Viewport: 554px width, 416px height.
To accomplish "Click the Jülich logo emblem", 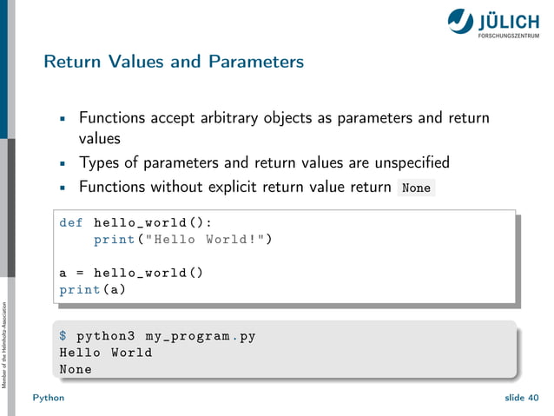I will tap(460, 20).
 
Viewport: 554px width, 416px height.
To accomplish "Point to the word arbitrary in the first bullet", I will tap(241, 117).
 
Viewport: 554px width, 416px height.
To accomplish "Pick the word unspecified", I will tap(406, 162).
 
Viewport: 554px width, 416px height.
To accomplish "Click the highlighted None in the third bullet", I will tap(416, 188).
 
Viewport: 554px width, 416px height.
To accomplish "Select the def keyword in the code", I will tap(71, 222).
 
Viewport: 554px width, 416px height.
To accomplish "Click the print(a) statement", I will tap(92, 289).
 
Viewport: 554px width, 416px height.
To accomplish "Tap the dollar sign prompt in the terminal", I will tap(63, 335).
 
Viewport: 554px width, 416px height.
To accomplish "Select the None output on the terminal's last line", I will tap(76, 369).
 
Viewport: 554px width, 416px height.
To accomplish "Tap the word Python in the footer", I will tap(48, 397).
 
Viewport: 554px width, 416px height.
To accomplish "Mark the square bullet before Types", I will tap(63, 163).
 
